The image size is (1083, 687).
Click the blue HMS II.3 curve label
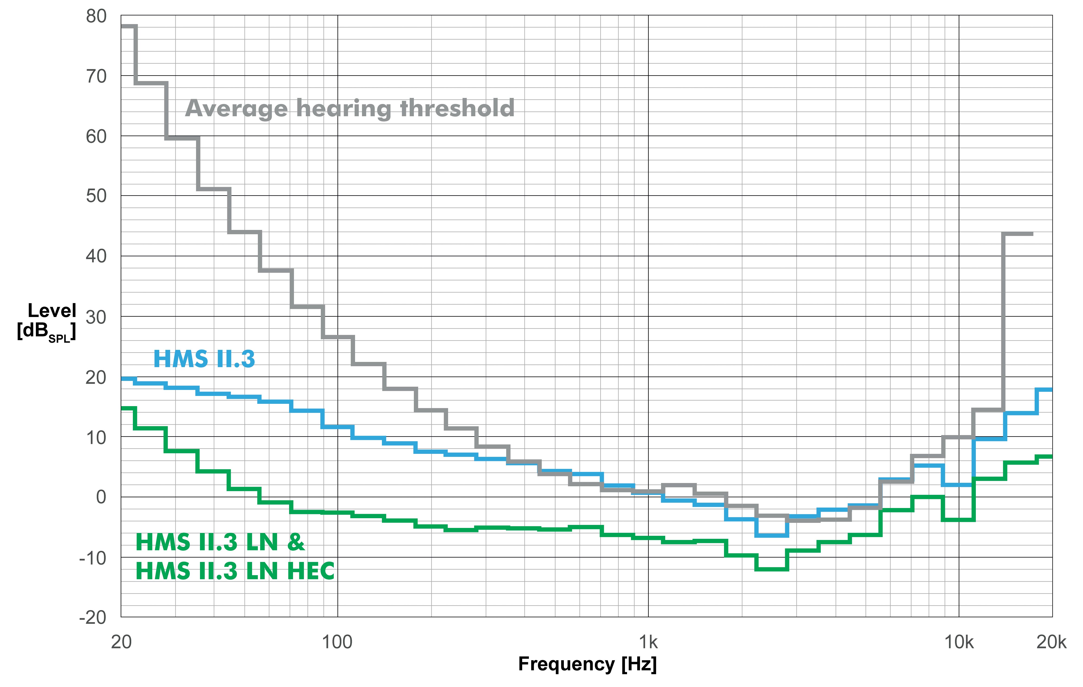tap(204, 359)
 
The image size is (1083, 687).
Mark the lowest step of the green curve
tap(772, 569)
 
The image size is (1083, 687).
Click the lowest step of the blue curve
tap(772, 535)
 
